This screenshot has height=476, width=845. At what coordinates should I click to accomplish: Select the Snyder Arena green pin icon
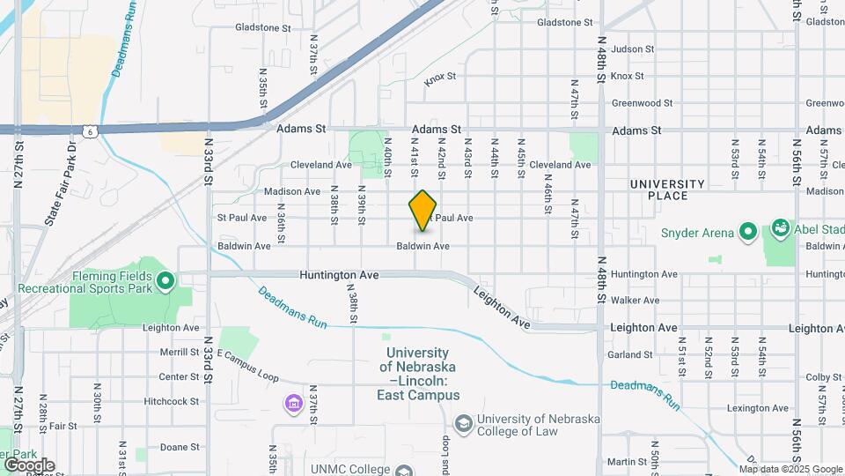748,233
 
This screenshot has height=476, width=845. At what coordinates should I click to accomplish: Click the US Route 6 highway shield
89,130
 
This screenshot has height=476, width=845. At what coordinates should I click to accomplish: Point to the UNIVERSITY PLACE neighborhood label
667,190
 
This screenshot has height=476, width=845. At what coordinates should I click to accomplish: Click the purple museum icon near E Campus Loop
293,404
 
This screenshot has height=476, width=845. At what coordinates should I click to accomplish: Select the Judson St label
632,49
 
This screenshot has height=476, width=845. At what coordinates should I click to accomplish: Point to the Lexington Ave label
757,409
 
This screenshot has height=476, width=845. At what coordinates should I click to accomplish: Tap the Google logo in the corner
28,465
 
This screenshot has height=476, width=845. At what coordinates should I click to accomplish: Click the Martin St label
627,462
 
